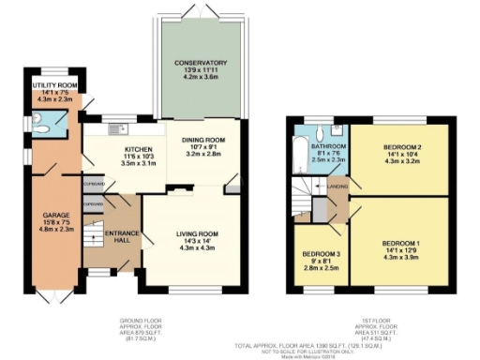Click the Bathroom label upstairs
click(x=329, y=146)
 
